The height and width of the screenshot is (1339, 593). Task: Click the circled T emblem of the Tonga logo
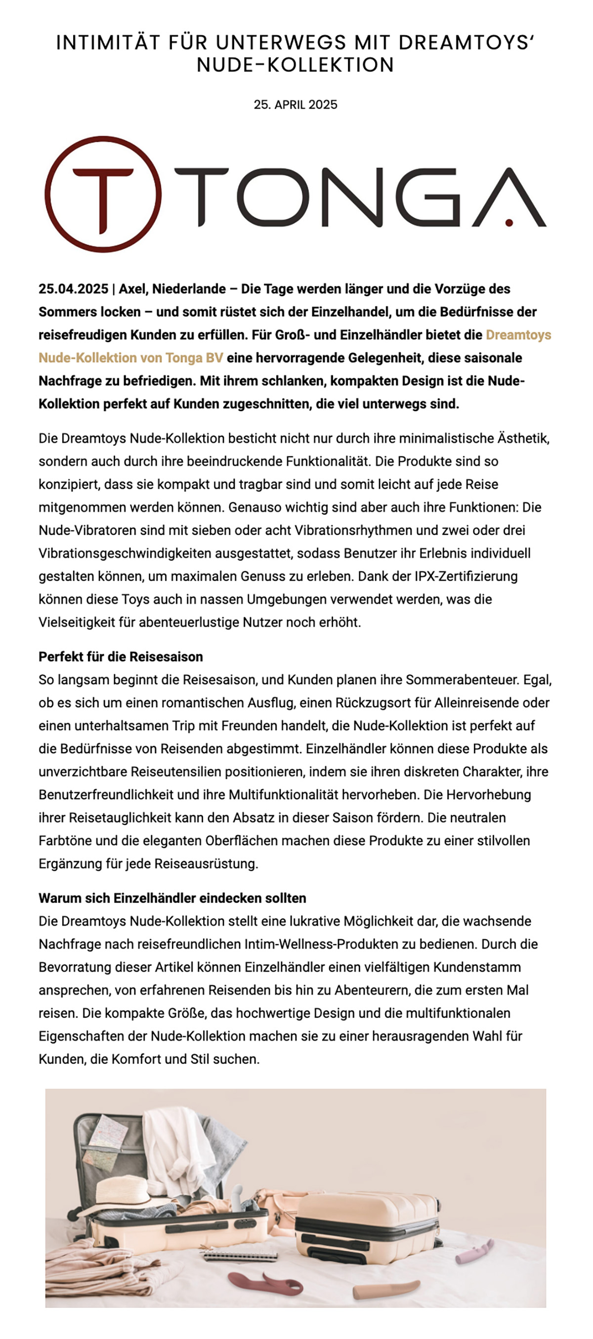[103, 195]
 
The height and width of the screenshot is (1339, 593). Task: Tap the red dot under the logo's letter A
[509, 223]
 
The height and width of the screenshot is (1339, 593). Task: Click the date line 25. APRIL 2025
[296, 105]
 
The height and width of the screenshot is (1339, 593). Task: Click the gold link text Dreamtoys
[518, 335]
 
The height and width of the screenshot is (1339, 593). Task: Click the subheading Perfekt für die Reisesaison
[121, 657]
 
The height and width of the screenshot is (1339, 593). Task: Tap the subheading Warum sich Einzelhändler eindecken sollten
[172, 898]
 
